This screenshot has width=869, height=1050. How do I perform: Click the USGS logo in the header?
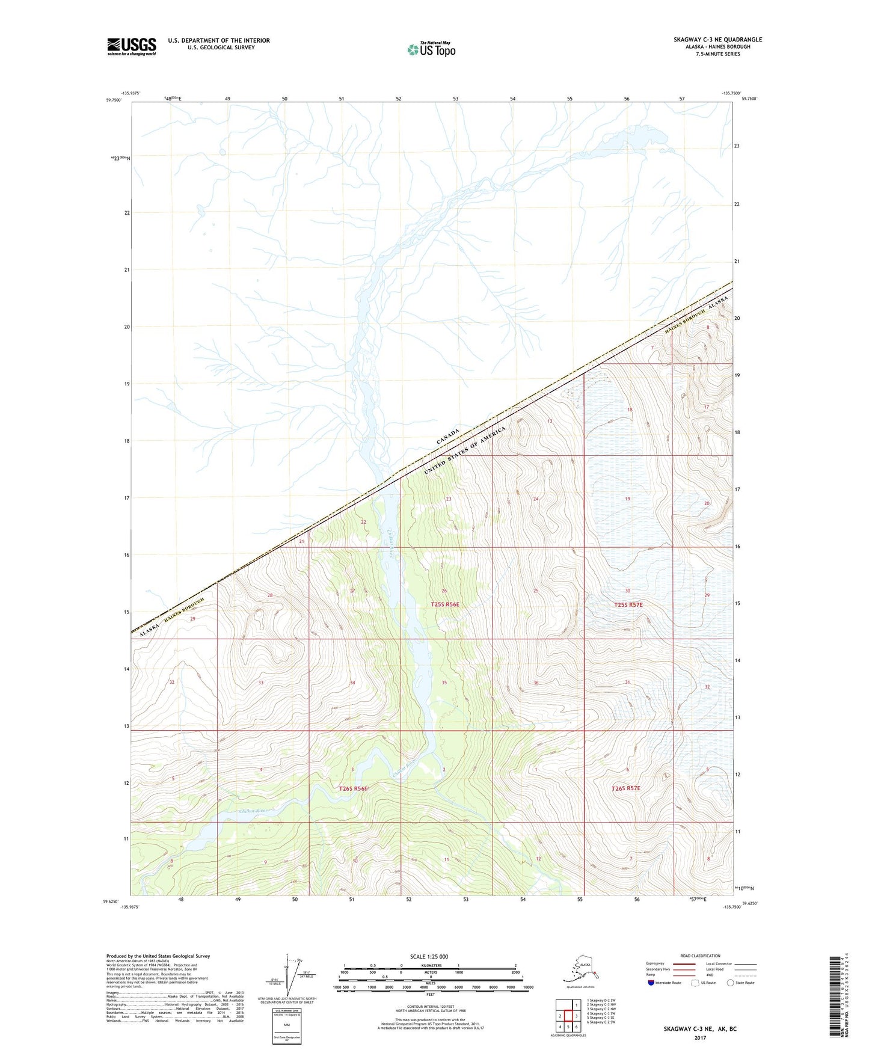(131, 46)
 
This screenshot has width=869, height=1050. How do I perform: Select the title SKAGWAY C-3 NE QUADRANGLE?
(717, 40)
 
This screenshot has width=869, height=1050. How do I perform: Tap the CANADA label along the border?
(448, 437)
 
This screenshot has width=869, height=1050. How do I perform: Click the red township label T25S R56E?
(445, 604)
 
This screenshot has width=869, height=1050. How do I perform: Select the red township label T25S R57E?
(628, 605)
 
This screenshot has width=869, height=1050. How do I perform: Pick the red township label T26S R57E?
(626, 788)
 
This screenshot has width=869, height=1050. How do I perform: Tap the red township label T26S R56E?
(353, 788)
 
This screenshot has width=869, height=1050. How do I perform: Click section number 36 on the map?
(535, 683)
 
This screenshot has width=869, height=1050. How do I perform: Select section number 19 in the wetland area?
(627, 499)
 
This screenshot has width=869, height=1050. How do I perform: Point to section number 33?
(260, 683)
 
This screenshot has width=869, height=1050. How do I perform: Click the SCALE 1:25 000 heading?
(429, 956)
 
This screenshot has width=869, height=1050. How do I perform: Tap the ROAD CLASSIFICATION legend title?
(700, 956)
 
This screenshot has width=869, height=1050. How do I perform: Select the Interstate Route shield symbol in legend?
(651, 983)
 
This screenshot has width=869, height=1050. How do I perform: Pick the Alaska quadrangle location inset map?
(580, 969)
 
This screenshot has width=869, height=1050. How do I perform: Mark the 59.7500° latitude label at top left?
(113, 100)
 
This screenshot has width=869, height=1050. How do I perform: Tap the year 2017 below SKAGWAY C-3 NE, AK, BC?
(699, 1037)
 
